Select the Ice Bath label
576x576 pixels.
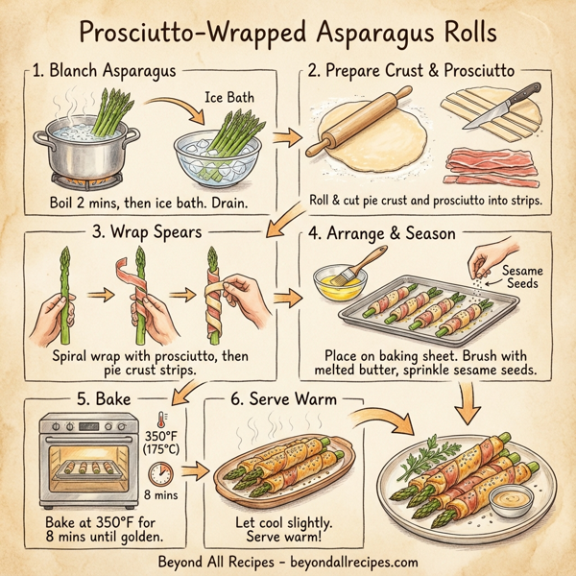(228, 96)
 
